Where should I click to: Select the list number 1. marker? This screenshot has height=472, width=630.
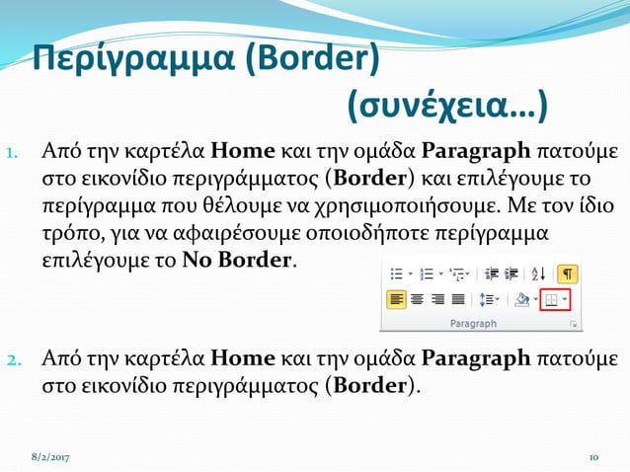pos(14,154)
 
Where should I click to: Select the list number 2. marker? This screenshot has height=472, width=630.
pos(14,357)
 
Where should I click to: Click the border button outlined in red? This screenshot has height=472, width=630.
pos(555,299)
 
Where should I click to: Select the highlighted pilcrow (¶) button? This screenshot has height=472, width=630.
pos(568,274)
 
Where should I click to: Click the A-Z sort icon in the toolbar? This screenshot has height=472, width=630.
pos(538,274)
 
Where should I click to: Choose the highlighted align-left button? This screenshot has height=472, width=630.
pos(396,299)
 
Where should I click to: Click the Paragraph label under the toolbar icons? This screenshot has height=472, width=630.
pos(474,323)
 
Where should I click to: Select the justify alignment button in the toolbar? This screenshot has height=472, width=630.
pos(458,299)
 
